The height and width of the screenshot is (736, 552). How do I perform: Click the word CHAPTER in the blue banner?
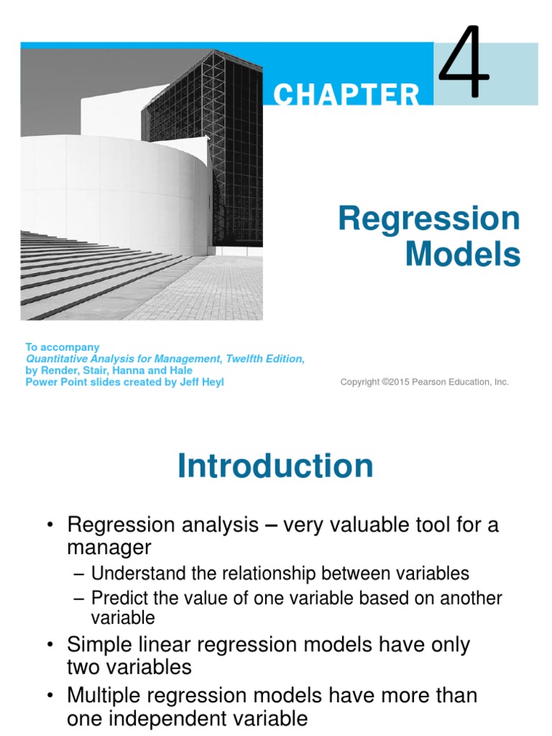click(346, 94)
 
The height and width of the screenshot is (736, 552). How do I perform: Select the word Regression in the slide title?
click(429, 218)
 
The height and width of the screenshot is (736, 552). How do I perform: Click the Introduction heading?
click(275, 466)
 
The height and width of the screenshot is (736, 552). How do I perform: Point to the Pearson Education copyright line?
click(424, 382)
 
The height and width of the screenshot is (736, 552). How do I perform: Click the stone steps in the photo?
click(86, 273)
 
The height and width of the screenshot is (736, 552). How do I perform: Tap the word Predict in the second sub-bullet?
click(117, 598)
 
